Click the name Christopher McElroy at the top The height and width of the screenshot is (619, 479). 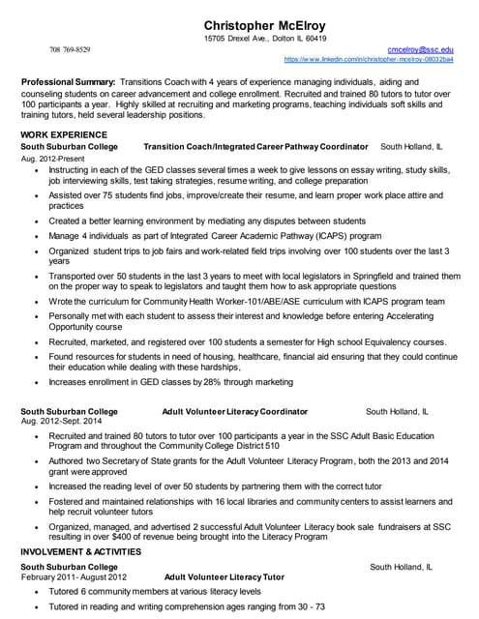tap(264, 24)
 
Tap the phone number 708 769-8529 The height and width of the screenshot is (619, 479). tap(70, 49)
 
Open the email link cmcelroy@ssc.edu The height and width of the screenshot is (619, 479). tap(420, 48)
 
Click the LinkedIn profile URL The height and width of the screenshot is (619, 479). tap(368, 59)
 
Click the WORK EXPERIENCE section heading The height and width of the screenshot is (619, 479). tap(64, 133)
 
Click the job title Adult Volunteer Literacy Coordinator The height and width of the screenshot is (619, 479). tap(235, 411)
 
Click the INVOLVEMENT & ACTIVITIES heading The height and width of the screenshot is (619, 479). tap(81, 551)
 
